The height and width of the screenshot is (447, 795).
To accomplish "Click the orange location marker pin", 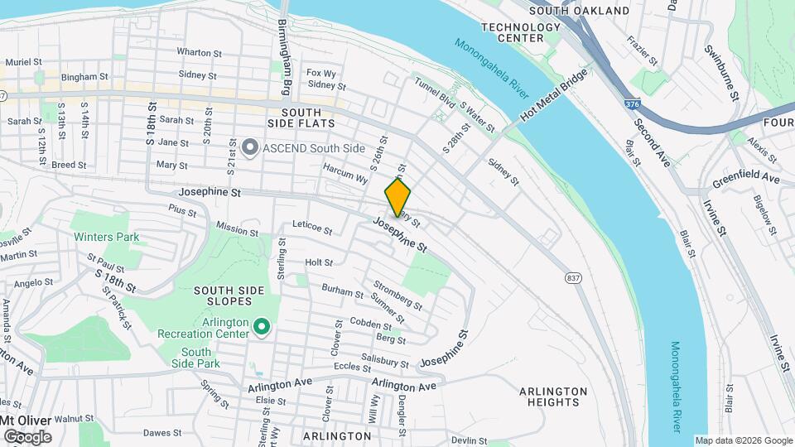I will point(397,198).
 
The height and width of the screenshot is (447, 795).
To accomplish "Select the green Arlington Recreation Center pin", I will point(263,328).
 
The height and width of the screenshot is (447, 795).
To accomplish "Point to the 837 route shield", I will point(573,277).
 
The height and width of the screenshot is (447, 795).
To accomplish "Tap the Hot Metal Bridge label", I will point(554,96).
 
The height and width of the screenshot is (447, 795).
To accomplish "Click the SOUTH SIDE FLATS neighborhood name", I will point(307,118).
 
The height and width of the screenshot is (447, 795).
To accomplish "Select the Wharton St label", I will point(196,51).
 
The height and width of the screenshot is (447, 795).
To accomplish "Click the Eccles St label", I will point(351,366).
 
